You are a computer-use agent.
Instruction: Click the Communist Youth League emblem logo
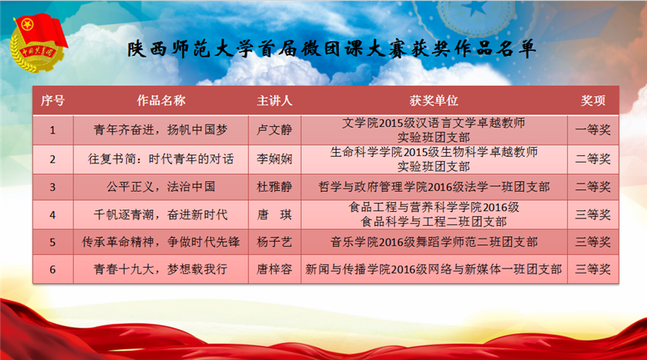(x=38, y=43)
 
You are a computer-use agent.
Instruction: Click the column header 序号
(x=53, y=100)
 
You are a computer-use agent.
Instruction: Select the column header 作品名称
(x=161, y=100)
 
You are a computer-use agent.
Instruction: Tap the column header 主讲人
(x=274, y=100)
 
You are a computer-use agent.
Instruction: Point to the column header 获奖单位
(x=433, y=100)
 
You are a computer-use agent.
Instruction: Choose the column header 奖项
(x=593, y=100)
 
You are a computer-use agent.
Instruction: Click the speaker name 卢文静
(x=274, y=129)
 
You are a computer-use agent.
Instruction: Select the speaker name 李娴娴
(x=274, y=159)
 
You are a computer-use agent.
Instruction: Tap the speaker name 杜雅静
(x=274, y=187)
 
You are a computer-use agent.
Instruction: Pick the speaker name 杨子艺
(x=274, y=242)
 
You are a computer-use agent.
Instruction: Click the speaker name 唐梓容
(x=274, y=269)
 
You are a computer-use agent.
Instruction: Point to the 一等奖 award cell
(x=593, y=129)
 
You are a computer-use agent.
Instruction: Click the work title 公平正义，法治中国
(x=161, y=187)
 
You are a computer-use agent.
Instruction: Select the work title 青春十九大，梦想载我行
(x=161, y=269)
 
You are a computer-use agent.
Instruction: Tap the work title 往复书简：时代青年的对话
(x=161, y=159)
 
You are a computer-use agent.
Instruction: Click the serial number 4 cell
(x=53, y=214)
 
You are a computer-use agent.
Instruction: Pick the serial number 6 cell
(x=53, y=269)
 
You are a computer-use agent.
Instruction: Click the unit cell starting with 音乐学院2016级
(x=433, y=242)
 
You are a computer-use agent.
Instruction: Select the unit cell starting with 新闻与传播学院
(x=433, y=269)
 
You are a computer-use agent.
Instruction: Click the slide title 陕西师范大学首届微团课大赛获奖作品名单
(x=332, y=49)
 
